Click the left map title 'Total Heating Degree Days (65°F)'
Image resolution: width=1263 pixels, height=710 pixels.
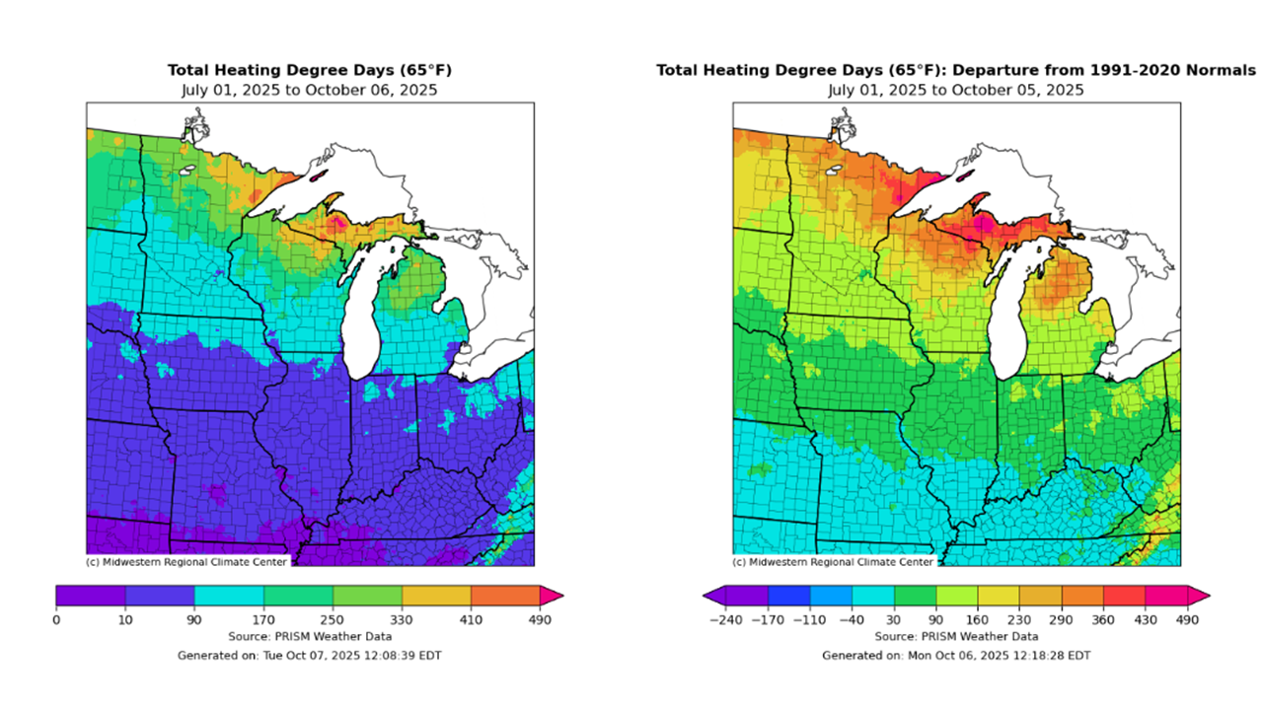(x=310, y=70)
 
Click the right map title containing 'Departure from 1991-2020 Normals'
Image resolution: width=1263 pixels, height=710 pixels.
(x=956, y=70)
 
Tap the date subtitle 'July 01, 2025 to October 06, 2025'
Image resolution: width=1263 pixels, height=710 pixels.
(x=310, y=90)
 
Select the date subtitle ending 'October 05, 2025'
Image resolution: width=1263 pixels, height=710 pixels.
(x=956, y=90)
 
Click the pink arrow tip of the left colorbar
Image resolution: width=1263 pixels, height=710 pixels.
(x=555, y=595)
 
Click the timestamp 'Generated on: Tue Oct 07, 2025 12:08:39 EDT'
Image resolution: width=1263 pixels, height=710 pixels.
(x=310, y=655)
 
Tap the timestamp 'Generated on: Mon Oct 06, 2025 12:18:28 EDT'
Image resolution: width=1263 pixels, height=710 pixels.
(x=956, y=655)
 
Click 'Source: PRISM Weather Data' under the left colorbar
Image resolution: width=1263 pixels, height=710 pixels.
(x=310, y=637)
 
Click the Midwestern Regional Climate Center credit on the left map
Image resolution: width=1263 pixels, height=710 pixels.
(x=187, y=562)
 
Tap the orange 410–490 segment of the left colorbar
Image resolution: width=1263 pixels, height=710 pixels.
(x=505, y=595)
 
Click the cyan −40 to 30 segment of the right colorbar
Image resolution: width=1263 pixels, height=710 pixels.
(x=872, y=595)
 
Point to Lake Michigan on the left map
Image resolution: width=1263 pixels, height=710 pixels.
(x=362, y=306)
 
